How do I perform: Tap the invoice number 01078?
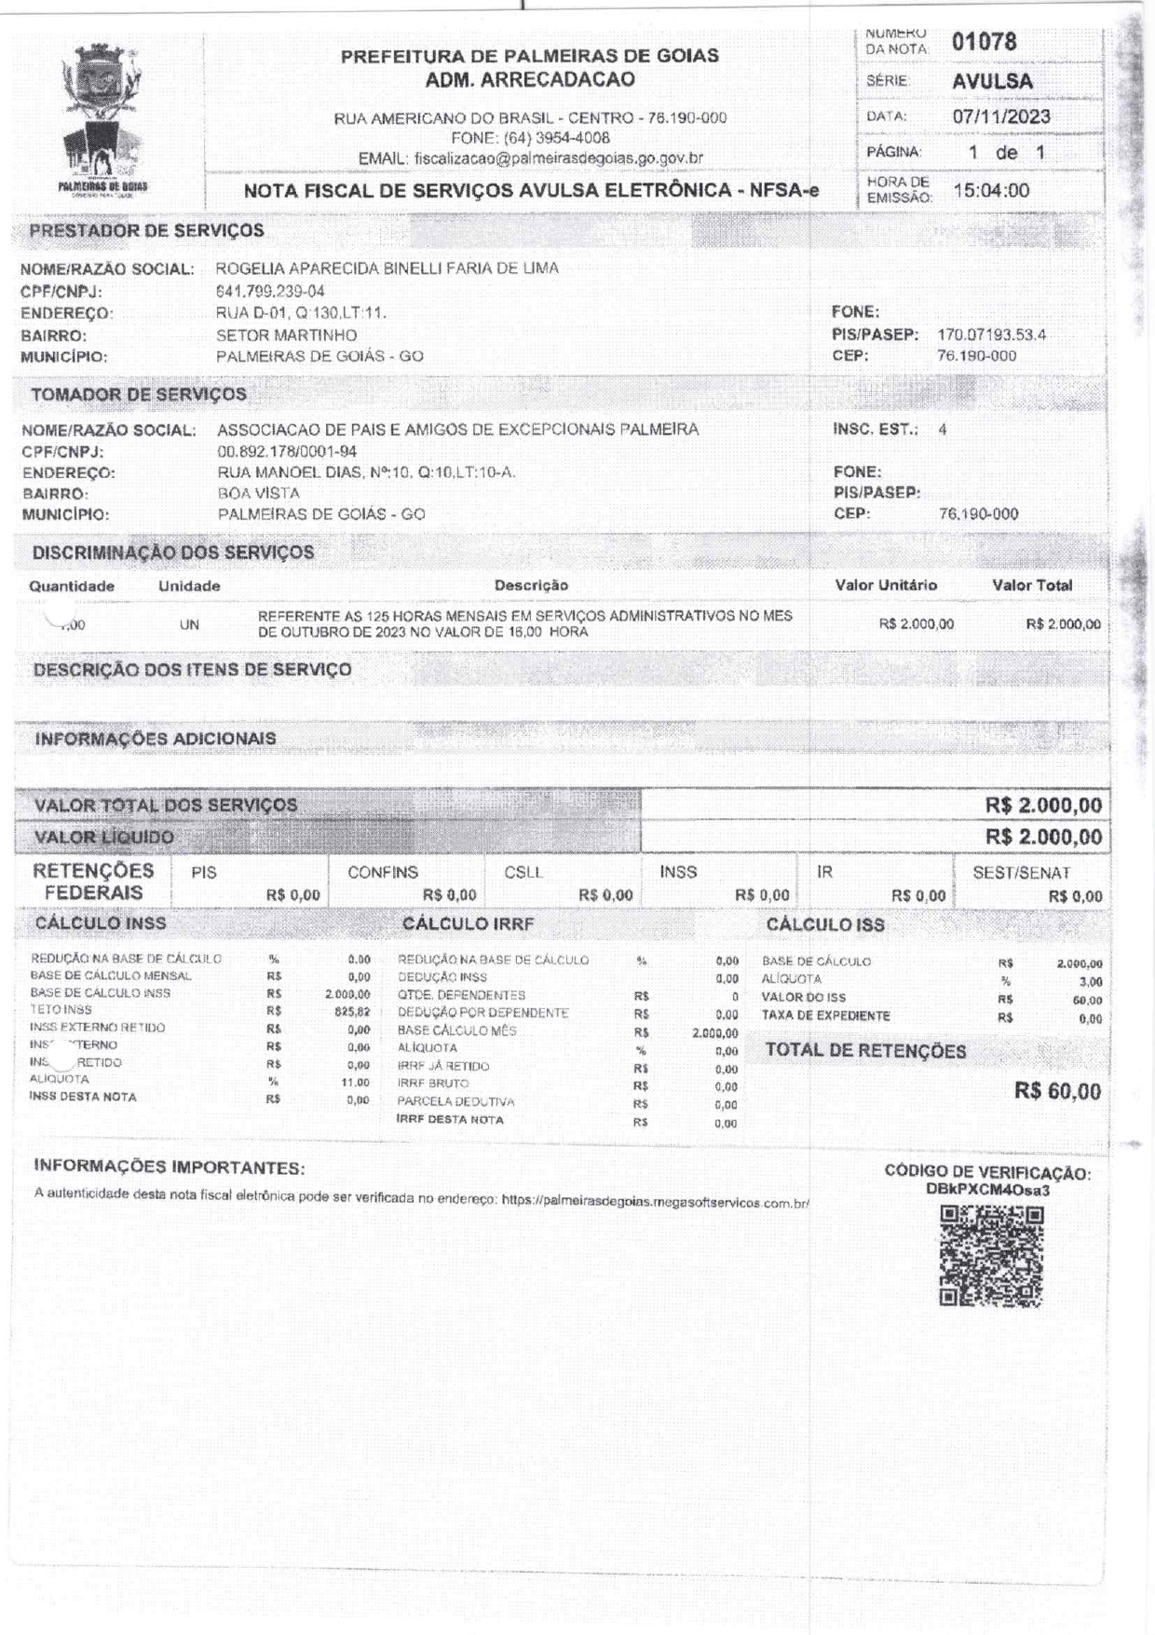(x=984, y=42)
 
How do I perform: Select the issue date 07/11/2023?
(x=1000, y=116)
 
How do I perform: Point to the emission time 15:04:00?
(x=991, y=191)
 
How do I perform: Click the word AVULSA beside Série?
(x=992, y=81)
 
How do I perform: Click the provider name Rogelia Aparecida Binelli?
(x=387, y=268)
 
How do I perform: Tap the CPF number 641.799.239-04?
(x=270, y=291)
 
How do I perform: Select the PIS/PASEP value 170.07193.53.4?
(x=991, y=334)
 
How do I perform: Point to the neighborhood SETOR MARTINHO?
(x=286, y=334)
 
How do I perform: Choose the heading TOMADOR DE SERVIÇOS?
(x=139, y=394)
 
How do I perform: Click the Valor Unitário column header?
(x=885, y=585)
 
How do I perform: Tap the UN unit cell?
(x=189, y=625)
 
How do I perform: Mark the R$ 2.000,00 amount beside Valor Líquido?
(x=1043, y=837)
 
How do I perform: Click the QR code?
(x=991, y=1256)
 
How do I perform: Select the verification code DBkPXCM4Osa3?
(x=987, y=1190)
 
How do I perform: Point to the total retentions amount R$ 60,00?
(x=1057, y=1091)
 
